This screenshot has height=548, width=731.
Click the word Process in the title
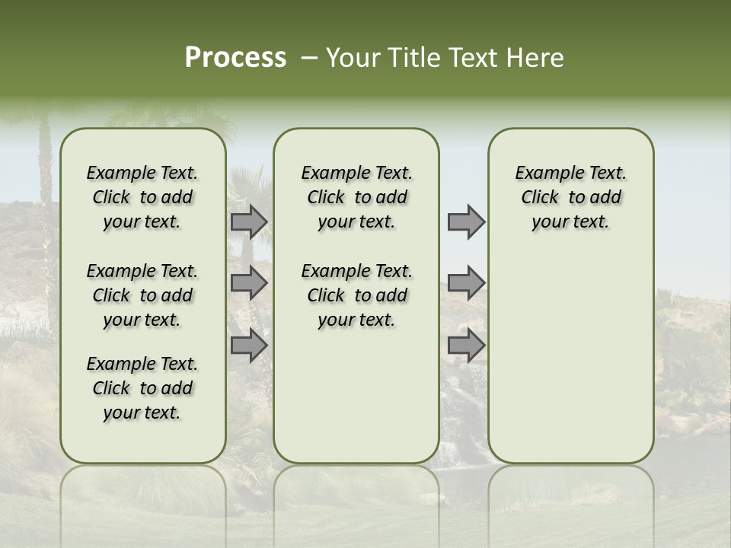(x=235, y=58)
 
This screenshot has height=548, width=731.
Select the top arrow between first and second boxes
(x=249, y=221)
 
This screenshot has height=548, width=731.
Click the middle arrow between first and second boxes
(x=249, y=283)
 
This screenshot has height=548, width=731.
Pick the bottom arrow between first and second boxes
(x=249, y=346)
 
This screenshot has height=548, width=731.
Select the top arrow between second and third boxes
(x=466, y=221)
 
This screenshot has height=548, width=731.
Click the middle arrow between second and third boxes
(x=466, y=283)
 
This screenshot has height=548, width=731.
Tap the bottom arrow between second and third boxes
(x=466, y=346)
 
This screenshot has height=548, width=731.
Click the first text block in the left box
(x=142, y=197)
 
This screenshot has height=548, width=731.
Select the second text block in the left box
(x=142, y=295)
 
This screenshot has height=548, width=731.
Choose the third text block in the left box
(x=142, y=388)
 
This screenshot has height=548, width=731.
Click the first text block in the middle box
(x=356, y=197)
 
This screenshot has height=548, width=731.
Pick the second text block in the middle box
(x=356, y=295)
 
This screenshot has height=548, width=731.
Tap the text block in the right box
(x=570, y=197)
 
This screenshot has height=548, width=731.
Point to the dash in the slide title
(x=309, y=58)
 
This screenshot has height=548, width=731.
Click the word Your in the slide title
(x=350, y=58)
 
